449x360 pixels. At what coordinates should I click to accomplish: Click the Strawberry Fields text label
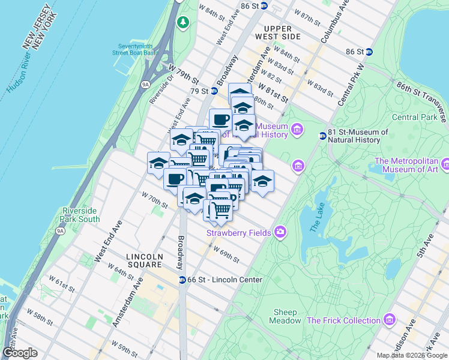[x=239, y=232]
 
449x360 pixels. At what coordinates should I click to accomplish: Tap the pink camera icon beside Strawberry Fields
[x=280, y=232]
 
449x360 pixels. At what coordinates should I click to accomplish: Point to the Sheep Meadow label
[x=286, y=316]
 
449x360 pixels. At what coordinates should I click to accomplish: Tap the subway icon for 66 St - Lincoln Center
[x=182, y=280]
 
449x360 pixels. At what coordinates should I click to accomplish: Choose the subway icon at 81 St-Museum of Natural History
[x=322, y=136]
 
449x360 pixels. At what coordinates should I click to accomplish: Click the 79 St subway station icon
[x=214, y=91]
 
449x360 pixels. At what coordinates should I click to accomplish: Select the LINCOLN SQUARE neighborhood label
[x=144, y=260]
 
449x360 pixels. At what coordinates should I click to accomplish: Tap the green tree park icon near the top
[x=183, y=23]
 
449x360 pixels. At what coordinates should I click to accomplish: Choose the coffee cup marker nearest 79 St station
[x=220, y=119]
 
